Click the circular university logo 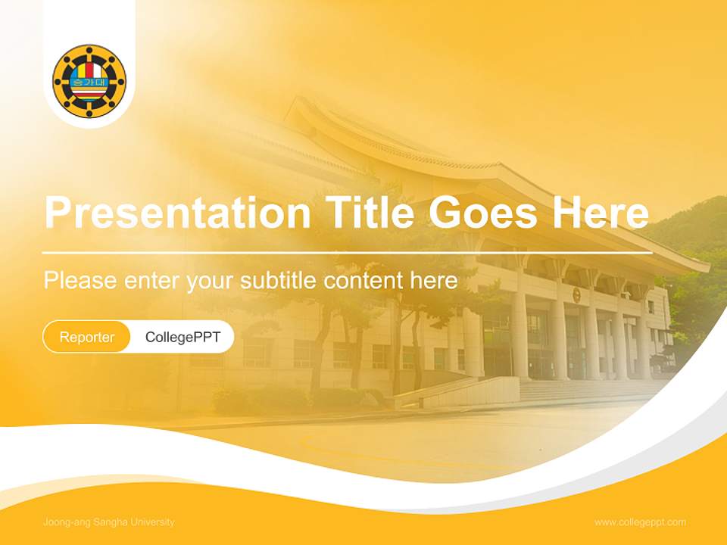[x=89, y=80]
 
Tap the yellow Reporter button [x=87, y=337]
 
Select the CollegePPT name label [x=183, y=337]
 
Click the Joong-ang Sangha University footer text [x=109, y=522]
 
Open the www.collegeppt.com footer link [x=640, y=522]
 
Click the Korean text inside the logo [x=89, y=82]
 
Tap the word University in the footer [x=154, y=522]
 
